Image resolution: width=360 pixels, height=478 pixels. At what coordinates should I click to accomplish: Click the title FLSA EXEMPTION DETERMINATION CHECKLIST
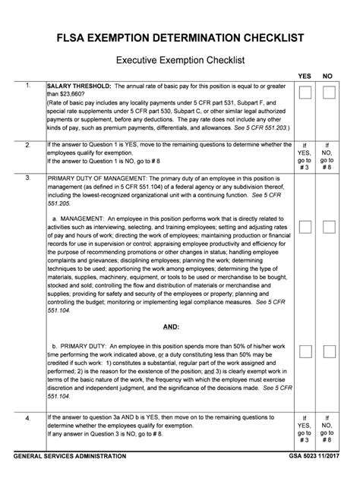179,37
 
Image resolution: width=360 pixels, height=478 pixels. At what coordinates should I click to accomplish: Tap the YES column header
305,76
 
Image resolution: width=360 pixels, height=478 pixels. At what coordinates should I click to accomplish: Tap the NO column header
328,76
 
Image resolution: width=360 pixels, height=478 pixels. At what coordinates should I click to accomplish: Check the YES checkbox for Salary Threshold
305,93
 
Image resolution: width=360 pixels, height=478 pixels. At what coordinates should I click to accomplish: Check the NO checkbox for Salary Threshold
329,93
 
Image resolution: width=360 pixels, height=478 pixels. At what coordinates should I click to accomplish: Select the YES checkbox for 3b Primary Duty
305,351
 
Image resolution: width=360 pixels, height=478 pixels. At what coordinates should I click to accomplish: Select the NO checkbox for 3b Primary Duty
329,351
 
